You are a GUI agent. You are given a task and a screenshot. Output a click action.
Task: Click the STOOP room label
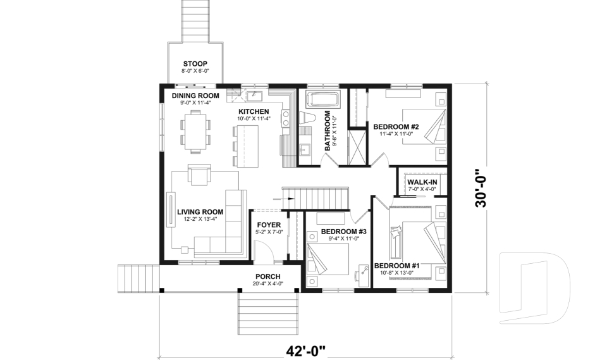[x=195, y=63]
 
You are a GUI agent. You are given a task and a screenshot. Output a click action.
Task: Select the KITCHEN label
[x=254, y=111]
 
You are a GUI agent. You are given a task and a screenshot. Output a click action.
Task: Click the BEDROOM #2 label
[x=396, y=125]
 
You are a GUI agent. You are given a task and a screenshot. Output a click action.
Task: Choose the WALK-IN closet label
[x=422, y=182]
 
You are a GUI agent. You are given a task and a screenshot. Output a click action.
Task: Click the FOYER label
[x=269, y=225]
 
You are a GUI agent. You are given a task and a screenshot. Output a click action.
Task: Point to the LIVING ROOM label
[x=200, y=211]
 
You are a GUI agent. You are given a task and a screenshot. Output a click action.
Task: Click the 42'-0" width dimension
[x=305, y=350]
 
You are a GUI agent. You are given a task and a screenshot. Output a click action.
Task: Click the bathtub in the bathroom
[x=323, y=99]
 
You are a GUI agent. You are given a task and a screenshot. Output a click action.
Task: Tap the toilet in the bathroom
[x=308, y=118]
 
